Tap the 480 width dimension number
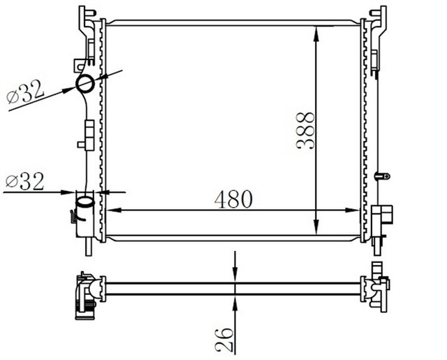coord(233,199)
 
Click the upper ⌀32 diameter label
coord(26,92)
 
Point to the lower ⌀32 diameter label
coord(24,182)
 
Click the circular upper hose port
coord(85,85)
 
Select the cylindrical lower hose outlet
coord(83,208)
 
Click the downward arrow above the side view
coord(235,274)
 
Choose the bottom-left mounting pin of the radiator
coord(89,247)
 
